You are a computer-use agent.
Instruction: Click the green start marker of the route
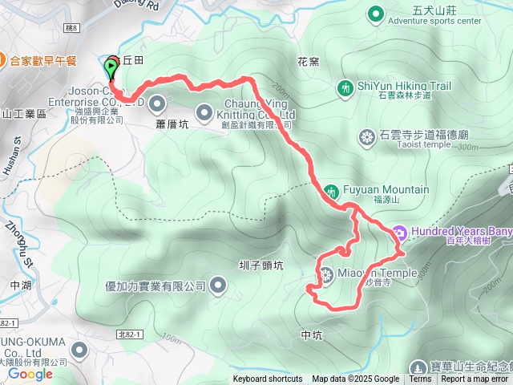[110, 67]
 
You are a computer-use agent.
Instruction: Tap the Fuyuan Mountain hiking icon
[331, 191]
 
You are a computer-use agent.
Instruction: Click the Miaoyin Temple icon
[327, 274]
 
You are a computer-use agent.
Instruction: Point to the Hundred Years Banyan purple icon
[399, 233]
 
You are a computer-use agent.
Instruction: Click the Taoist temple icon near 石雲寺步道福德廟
[367, 137]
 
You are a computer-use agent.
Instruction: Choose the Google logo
[30, 374]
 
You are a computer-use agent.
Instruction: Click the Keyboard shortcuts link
[268, 379]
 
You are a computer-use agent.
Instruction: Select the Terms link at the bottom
[420, 379]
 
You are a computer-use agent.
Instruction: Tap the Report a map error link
[475, 379]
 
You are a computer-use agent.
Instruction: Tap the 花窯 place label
[309, 61]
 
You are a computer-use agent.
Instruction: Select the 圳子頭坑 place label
[261, 265]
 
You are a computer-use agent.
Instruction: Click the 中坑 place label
[312, 334]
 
